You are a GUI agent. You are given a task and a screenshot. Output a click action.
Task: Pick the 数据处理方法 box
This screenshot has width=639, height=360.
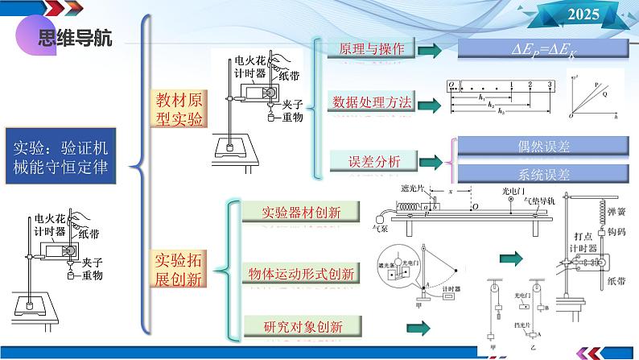click(x=371, y=103)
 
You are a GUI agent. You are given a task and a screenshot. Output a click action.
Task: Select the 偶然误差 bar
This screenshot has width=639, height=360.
click(x=543, y=147)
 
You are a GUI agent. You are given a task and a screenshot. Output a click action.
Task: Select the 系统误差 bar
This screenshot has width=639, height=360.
click(x=543, y=174)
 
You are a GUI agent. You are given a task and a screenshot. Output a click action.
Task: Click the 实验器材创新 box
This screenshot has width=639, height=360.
click(x=302, y=213)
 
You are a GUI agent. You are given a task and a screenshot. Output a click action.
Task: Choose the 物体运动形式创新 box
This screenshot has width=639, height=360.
click(x=302, y=274)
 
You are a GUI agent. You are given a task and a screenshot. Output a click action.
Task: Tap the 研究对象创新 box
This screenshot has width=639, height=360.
click(x=303, y=327)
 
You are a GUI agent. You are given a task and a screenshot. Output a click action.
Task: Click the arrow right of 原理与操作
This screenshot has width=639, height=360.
click(x=431, y=51)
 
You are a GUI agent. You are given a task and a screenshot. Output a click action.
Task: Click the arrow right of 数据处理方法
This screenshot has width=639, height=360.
click(x=431, y=105)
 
